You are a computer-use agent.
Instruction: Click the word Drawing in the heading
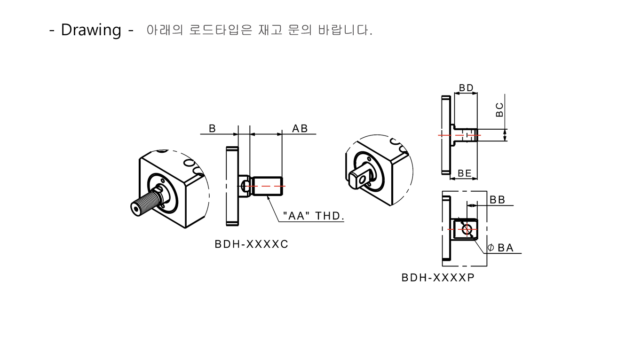coord(91,30)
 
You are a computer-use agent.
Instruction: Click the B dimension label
coord(212,128)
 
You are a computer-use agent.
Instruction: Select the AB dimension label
coord(300,128)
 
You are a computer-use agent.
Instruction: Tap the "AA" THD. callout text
coord(314,216)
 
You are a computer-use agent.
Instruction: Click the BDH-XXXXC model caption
coord(251,244)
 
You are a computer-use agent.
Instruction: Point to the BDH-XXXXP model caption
coord(438,277)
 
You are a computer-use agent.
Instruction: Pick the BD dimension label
coord(466,88)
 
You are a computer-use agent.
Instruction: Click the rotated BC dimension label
coord(499,109)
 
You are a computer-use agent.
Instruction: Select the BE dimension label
coord(465,173)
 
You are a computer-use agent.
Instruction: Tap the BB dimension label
coord(497,200)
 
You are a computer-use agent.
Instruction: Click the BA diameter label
coord(506,248)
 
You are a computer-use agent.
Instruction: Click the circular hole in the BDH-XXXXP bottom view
coord(467,229)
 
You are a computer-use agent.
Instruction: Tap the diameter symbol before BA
coord(491,248)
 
